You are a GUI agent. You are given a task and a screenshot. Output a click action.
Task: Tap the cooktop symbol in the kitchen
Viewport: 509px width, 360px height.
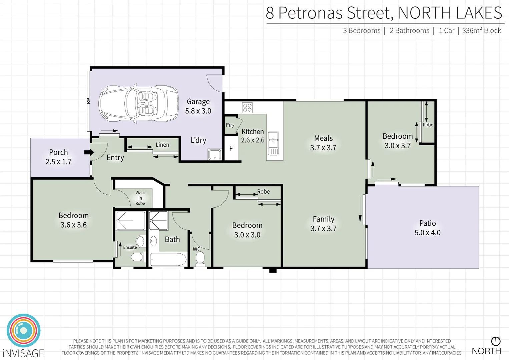(x=247, y=108)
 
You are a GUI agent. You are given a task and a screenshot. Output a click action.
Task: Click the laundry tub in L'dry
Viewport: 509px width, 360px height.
(x=214, y=155)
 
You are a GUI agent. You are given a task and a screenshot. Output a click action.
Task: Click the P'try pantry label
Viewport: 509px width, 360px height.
(x=230, y=125)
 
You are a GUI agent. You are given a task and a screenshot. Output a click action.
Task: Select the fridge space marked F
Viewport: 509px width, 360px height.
(x=231, y=149)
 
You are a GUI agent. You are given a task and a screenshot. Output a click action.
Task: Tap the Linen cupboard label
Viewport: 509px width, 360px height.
(x=162, y=145)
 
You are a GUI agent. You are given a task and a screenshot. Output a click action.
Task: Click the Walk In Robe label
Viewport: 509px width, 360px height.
(x=140, y=198)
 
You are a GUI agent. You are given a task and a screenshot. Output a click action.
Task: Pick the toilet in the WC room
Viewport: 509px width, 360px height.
(x=200, y=258)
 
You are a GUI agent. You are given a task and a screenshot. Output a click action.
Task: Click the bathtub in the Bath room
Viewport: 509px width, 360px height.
(x=168, y=259)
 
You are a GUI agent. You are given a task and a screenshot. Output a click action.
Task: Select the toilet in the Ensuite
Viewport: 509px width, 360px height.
(x=137, y=257)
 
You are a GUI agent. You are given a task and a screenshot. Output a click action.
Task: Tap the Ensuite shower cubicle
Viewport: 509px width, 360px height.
(x=130, y=220)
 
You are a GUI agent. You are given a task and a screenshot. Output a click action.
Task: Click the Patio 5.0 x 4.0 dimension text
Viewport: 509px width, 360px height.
(x=427, y=233)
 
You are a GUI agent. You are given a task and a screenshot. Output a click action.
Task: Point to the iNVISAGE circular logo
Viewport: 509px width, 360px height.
(x=24, y=331)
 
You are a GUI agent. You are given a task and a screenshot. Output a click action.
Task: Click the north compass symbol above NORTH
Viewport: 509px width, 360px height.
(x=496, y=341)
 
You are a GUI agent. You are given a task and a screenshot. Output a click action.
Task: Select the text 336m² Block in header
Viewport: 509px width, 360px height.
(x=482, y=31)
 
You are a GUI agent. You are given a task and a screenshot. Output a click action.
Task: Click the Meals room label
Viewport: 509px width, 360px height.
(x=323, y=138)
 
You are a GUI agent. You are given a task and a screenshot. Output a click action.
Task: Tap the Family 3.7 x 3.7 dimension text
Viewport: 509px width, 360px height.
(x=323, y=228)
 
